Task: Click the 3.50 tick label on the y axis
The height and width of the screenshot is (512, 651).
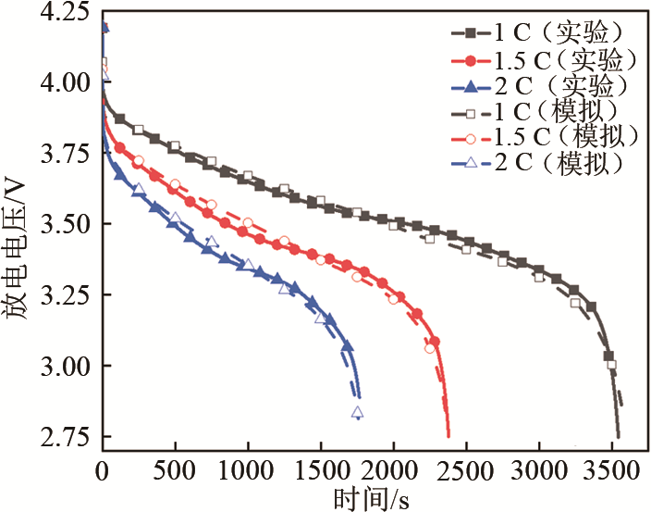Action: [66, 225]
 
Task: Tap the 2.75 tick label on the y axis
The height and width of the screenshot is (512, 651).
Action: [66, 437]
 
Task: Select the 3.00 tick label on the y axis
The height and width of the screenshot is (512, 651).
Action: [66, 367]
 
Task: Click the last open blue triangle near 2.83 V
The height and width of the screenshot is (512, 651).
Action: [357, 413]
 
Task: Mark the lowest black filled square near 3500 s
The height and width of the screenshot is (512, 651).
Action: [608, 356]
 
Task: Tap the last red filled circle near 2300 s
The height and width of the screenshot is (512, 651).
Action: [435, 342]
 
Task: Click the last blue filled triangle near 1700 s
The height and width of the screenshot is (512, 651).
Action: [348, 346]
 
